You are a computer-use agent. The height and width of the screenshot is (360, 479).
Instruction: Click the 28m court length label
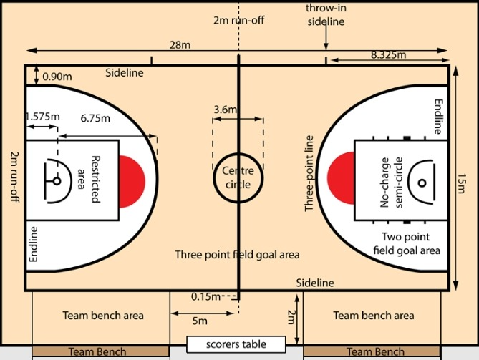pos(180,45)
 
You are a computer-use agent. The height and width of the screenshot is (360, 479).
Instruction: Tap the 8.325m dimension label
pos(388,55)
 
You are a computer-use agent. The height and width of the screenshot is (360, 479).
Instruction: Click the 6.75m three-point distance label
pos(95,117)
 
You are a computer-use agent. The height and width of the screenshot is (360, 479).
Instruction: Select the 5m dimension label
pos(200,321)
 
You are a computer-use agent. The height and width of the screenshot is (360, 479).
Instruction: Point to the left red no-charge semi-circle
pos(132,181)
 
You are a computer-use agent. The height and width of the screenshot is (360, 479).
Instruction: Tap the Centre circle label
pos(238,177)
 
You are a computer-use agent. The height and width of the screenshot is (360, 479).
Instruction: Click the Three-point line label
pos(310,175)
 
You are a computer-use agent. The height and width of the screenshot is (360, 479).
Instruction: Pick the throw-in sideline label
pos(325,14)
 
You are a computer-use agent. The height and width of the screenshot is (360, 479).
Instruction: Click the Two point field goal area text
pos(410,243)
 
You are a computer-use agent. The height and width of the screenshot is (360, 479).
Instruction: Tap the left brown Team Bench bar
pos(101,352)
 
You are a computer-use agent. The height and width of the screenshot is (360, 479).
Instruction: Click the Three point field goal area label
pos(238,254)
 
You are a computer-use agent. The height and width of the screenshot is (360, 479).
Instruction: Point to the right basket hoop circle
pos(420,182)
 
